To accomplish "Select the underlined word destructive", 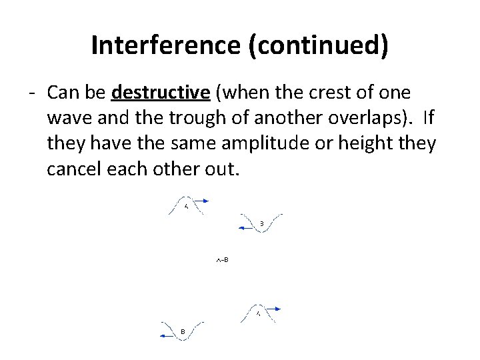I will pos(161,92).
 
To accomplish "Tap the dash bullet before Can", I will pos(31,92).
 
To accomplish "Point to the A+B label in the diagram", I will pos(222,259).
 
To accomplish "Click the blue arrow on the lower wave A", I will pos(276,309).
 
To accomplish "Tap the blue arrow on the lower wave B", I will pos(165,337).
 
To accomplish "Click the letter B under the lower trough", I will pos(183,331).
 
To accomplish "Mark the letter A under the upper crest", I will pos(187,207).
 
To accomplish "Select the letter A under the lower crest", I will pos(258,313).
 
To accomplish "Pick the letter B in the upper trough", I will pos(262,223).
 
